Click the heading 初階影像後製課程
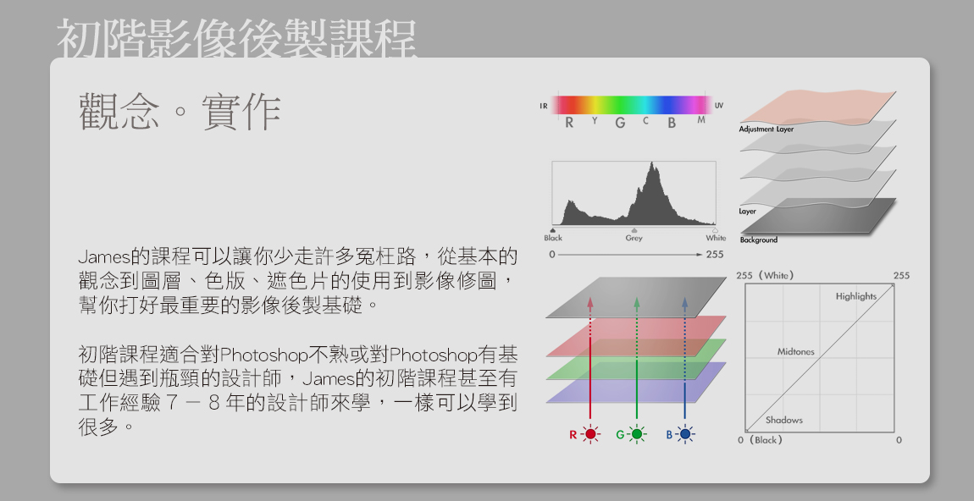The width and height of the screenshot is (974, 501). tap(236, 38)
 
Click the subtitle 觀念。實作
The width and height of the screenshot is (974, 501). tap(180, 112)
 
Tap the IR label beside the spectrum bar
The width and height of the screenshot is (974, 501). tap(544, 106)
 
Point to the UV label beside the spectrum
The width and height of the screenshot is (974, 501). tap(719, 106)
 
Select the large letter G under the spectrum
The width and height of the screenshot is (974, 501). tap(620, 123)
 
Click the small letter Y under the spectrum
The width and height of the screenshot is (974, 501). tap(595, 120)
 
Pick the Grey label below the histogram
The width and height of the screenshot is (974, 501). tap(634, 238)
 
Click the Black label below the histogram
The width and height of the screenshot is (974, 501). tap(553, 238)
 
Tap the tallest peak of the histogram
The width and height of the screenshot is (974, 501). tap(651, 163)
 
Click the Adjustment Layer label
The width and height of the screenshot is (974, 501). tap(766, 129)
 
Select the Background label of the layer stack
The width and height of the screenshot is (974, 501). tap(759, 239)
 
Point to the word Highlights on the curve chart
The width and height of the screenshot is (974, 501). tap(856, 296)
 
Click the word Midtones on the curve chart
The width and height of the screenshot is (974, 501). tap(796, 351)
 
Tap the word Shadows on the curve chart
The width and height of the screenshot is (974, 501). tap(784, 420)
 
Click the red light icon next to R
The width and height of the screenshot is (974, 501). tap(590, 434)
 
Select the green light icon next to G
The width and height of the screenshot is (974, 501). tap(637, 434)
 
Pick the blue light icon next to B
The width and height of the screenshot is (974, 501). tap(685, 434)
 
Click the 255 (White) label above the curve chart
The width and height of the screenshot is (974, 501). tap(765, 275)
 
